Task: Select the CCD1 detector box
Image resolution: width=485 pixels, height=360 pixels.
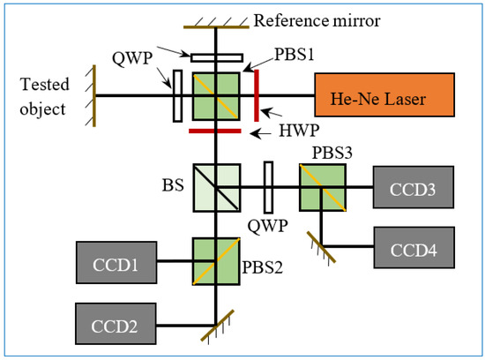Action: tap(116, 262)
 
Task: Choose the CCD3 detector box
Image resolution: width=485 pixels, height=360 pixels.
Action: tap(411, 187)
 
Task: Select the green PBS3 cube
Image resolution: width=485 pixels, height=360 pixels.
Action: tap(322, 187)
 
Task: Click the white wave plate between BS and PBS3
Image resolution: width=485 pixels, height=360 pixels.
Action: tap(268, 186)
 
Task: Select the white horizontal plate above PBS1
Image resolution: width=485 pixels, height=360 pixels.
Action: tap(215, 57)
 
